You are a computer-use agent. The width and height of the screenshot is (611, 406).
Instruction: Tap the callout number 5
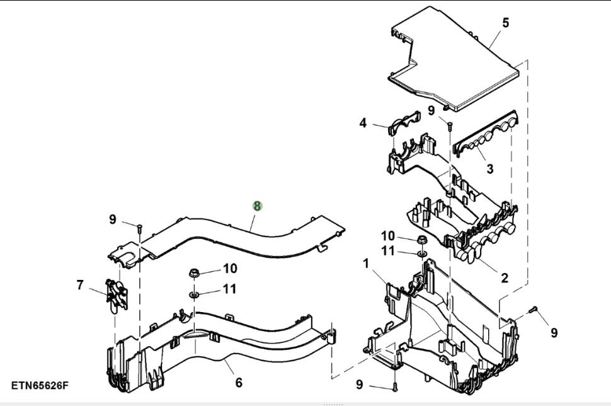tap(506, 23)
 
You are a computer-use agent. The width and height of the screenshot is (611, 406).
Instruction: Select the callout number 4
tap(363, 123)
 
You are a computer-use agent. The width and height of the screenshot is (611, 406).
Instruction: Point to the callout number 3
tap(489, 168)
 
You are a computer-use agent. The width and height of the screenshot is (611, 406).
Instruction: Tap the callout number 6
tap(239, 382)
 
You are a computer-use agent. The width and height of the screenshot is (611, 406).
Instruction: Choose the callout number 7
tap(80, 285)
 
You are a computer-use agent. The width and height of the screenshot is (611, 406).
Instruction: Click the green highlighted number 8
tap(257, 206)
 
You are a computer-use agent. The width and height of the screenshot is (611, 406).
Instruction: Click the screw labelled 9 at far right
tap(534, 310)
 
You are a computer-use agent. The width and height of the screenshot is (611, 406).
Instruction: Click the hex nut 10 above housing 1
tap(421, 240)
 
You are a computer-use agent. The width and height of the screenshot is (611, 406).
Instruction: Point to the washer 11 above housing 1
tap(421, 254)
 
